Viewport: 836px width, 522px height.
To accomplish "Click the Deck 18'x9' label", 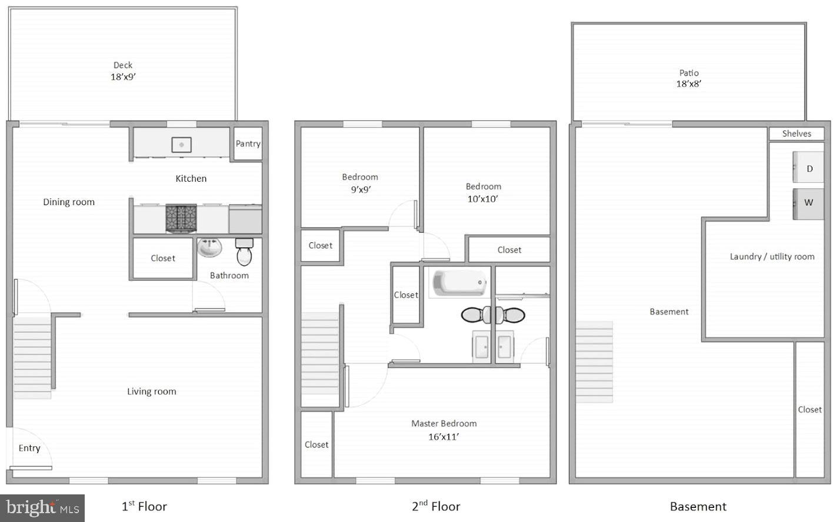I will point(123,71).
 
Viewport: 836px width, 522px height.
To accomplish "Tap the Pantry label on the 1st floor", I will point(248,143).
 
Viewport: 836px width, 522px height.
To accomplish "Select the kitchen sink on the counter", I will point(182,144).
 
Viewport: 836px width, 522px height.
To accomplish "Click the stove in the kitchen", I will point(181,217).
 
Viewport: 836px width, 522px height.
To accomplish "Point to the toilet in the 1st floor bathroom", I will point(244,252).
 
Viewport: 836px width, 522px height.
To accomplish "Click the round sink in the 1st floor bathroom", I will point(209,247).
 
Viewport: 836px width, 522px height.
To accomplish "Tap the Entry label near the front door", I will point(29,449).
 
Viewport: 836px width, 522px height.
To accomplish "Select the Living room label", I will point(152,391).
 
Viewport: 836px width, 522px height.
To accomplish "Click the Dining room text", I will point(69,202).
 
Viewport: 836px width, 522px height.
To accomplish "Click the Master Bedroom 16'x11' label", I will point(444,430).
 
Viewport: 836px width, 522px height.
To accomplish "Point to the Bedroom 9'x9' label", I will point(360,183).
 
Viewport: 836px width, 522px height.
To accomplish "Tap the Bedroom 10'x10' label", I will point(483,192).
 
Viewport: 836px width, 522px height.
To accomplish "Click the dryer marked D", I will point(809,169).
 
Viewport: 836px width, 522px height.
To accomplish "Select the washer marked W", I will point(808,203).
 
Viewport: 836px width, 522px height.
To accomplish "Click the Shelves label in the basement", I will point(797,134).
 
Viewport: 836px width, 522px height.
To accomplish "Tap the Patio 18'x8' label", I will point(688,78).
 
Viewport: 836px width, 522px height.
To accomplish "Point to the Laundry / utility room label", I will point(772,257).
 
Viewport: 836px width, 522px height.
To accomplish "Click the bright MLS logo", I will point(42,508).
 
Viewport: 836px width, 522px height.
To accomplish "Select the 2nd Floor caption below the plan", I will point(436,506).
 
